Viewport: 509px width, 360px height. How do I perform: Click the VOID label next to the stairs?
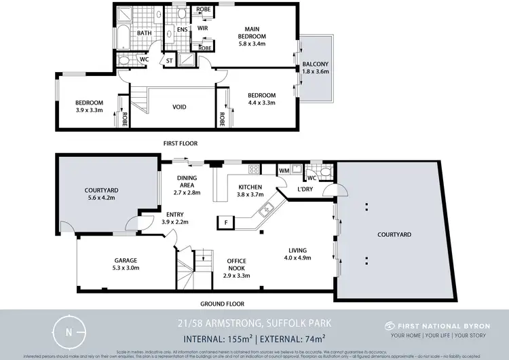(180, 107)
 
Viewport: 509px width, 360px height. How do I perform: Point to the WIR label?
(202, 28)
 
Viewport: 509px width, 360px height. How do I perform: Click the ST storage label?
(169, 61)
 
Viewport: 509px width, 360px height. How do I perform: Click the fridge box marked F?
(225, 221)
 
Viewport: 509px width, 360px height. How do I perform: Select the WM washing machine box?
(284, 169)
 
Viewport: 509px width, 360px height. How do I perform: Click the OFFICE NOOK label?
(236, 265)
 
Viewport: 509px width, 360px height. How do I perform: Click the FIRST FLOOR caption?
(182, 144)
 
